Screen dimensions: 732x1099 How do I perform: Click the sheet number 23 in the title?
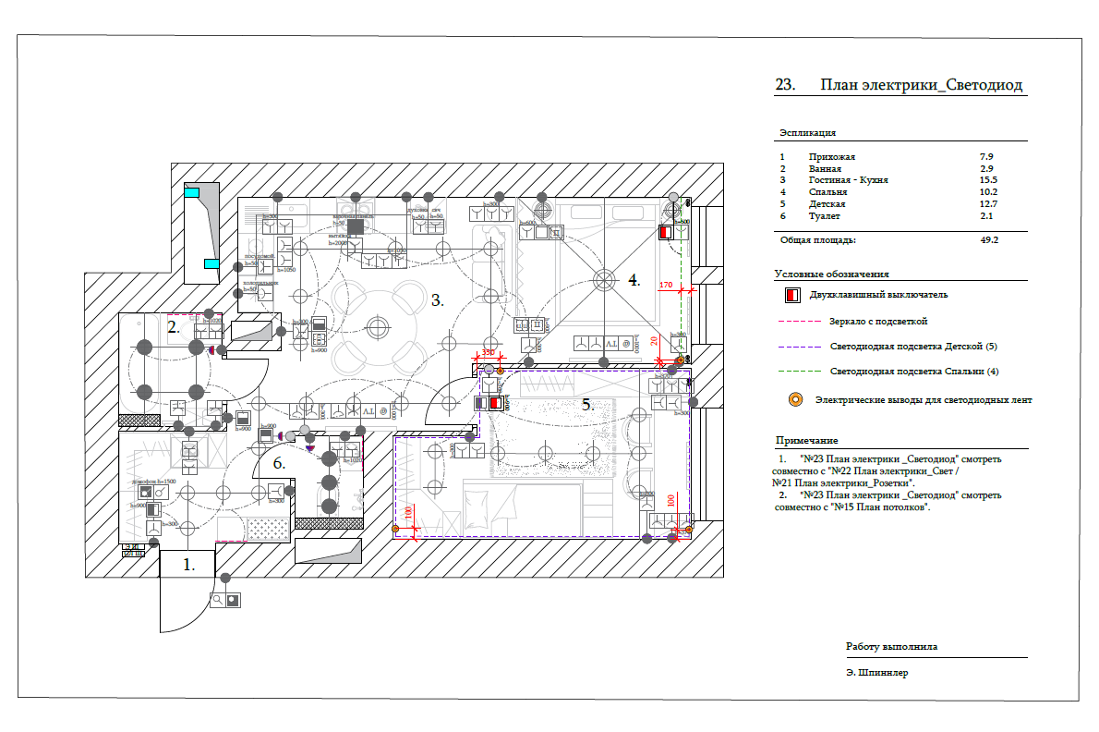coord(785,85)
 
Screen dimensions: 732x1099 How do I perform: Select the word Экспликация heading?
coord(808,133)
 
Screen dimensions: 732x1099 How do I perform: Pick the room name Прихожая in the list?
coord(832,158)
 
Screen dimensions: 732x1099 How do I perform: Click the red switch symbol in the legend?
coord(790,296)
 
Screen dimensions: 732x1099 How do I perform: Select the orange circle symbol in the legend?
coord(793,400)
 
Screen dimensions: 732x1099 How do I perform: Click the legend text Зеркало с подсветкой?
coord(878,321)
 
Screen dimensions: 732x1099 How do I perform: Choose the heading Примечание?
coord(806,440)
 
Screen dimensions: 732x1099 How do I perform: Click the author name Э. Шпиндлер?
coord(876,673)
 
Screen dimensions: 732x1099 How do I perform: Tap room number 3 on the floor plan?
coord(438,299)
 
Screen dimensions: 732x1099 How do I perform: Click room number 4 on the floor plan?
coord(634,279)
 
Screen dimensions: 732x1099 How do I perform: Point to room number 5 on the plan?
coord(587,403)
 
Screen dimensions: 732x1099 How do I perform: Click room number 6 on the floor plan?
coord(279,463)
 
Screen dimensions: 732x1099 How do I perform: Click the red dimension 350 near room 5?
coord(488,353)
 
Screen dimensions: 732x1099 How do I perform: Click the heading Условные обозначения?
coord(831,274)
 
